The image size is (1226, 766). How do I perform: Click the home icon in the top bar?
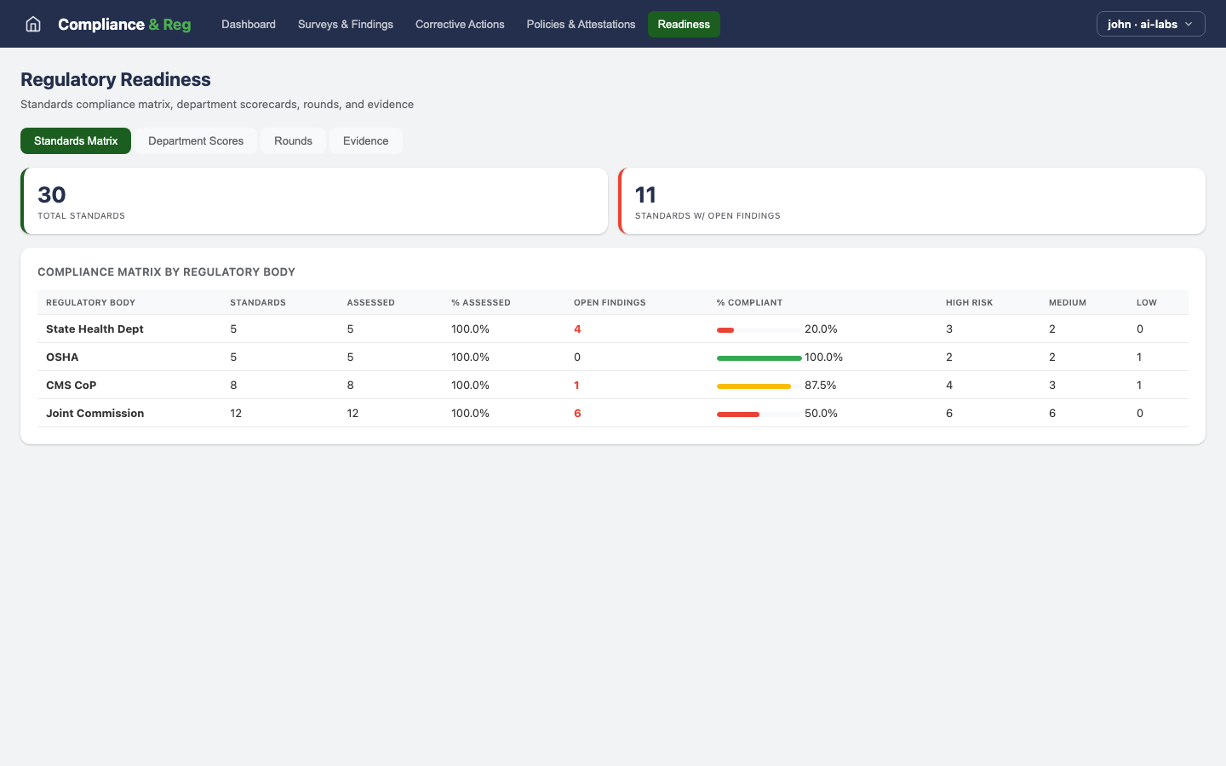pyautogui.click(x=33, y=24)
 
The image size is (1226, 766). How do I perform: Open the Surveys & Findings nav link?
pyautogui.click(x=345, y=24)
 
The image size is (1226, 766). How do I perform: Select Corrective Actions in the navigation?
pyautogui.click(x=460, y=24)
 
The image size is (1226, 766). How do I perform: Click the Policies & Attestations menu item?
pyautogui.click(x=581, y=24)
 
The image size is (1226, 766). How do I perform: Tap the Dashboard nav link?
pyautogui.click(x=249, y=24)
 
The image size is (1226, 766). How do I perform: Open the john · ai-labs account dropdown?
pyautogui.click(x=1150, y=24)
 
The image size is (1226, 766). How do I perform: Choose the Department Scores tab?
pyautogui.click(x=196, y=141)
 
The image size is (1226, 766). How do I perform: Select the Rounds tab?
pyautogui.click(x=293, y=141)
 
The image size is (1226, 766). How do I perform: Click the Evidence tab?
pyautogui.click(x=365, y=141)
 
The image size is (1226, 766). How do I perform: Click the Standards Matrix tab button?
pyautogui.click(x=76, y=141)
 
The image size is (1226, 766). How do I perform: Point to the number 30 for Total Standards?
pyautogui.click(x=52, y=195)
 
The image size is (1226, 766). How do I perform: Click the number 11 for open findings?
pyautogui.click(x=645, y=195)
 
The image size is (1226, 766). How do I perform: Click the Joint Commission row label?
pyautogui.click(x=95, y=414)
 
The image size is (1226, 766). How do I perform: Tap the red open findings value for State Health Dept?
pyautogui.click(x=577, y=329)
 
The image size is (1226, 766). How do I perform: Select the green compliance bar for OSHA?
pyautogui.click(x=759, y=357)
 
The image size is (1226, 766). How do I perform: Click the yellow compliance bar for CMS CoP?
pyautogui.click(x=753, y=386)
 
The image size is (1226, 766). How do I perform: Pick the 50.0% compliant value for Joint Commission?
pyautogui.click(x=821, y=414)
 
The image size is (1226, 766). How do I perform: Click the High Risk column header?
pyautogui.click(x=969, y=303)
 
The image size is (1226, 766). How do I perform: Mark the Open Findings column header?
pyautogui.click(x=610, y=303)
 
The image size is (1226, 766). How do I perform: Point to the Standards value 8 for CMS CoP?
pyautogui.click(x=233, y=386)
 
